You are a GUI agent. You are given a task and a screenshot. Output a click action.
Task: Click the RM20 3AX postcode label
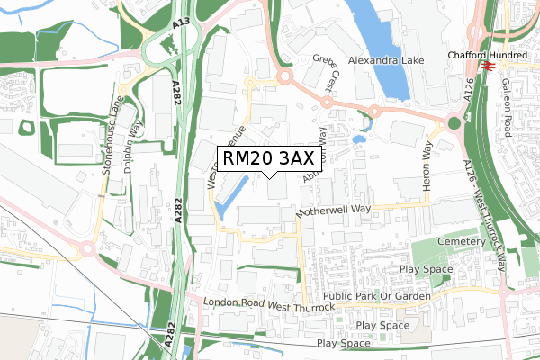[x=269, y=159]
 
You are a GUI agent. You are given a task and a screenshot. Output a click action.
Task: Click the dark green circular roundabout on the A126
[x=454, y=123]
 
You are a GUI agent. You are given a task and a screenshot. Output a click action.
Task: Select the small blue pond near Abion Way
[x=359, y=140]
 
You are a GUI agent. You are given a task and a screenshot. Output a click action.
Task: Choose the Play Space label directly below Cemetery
[x=430, y=269]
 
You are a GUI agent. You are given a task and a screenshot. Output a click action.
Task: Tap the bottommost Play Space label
[x=344, y=343]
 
